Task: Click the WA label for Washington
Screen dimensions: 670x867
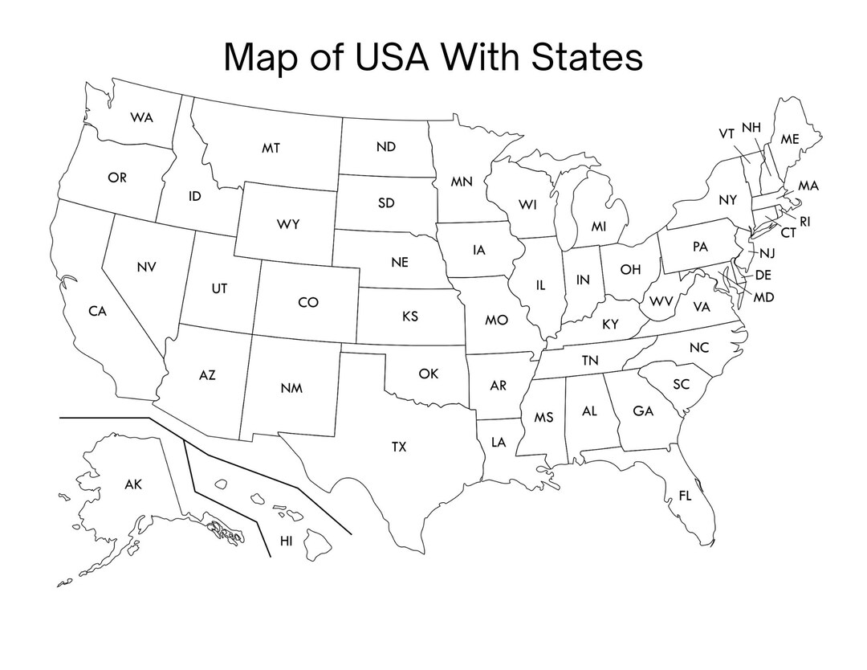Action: [x=142, y=117]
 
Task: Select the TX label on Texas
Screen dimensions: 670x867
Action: [x=399, y=447]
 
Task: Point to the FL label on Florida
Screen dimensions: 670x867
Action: [x=685, y=496]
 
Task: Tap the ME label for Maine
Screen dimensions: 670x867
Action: [x=790, y=139]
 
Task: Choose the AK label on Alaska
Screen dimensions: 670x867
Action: [x=133, y=484]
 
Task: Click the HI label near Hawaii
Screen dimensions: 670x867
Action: [x=287, y=541]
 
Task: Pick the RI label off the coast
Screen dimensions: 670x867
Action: [x=804, y=221]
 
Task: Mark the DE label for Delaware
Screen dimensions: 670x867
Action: [x=763, y=275]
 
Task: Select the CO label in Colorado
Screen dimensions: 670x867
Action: [x=308, y=302]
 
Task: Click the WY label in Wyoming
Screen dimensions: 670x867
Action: [x=288, y=224]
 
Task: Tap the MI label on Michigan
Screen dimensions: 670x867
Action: [x=599, y=227]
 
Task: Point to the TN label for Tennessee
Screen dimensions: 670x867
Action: [x=590, y=361]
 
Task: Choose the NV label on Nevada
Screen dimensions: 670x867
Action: [x=146, y=266]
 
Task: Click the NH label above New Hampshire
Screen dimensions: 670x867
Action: [x=751, y=127]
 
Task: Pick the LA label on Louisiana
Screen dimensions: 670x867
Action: [x=499, y=441]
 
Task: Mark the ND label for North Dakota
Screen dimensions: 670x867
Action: [x=386, y=147]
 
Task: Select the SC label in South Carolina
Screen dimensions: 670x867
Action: [x=681, y=385]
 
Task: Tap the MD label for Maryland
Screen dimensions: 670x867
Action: [x=764, y=297]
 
